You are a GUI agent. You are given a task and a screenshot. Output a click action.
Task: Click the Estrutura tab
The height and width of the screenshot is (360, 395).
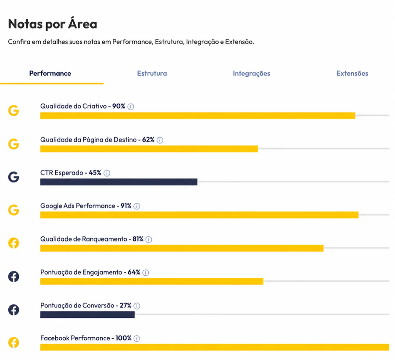pos(152,73)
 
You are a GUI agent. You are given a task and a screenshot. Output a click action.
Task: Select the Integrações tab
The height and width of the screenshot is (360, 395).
pos(251,74)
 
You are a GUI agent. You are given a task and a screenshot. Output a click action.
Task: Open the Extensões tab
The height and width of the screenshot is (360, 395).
pos(352,73)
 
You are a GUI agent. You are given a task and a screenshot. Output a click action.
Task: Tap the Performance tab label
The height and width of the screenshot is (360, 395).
pos(50,73)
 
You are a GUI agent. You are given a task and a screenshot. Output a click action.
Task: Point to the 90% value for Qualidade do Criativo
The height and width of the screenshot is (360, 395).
pos(118,106)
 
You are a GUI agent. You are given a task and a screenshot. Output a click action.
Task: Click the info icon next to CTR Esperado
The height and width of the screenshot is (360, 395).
pos(107,173)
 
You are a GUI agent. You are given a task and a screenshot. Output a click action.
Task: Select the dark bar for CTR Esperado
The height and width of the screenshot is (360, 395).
pos(118,182)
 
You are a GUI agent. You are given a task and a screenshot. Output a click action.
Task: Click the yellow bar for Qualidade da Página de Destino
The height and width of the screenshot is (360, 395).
pos(149,149)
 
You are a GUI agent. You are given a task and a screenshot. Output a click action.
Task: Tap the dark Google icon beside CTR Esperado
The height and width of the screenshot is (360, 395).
pos(14,177)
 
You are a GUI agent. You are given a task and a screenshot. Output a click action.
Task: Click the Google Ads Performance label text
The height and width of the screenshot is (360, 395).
pos(78,206)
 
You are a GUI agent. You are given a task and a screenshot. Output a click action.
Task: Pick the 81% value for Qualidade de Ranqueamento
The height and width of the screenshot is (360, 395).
pos(138,239)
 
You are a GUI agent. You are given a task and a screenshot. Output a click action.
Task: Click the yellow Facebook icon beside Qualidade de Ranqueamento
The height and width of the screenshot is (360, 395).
pos(14,243)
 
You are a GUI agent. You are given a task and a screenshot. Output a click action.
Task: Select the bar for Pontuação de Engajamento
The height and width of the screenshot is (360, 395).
pos(152,281)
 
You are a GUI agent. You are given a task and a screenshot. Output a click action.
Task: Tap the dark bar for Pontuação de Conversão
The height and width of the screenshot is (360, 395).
pos(87,315)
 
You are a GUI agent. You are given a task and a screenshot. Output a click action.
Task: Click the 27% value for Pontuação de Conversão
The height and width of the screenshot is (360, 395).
pos(126,305)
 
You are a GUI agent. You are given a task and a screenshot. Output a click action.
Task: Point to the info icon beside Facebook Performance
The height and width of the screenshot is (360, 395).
pos(137,339)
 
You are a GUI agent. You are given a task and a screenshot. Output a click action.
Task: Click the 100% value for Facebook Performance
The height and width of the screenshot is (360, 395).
pos(123,338)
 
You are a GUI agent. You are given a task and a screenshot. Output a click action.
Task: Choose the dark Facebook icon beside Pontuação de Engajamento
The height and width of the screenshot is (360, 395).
pos(14,276)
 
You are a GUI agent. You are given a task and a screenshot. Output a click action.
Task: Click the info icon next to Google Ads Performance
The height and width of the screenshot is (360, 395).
pos(137,207)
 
